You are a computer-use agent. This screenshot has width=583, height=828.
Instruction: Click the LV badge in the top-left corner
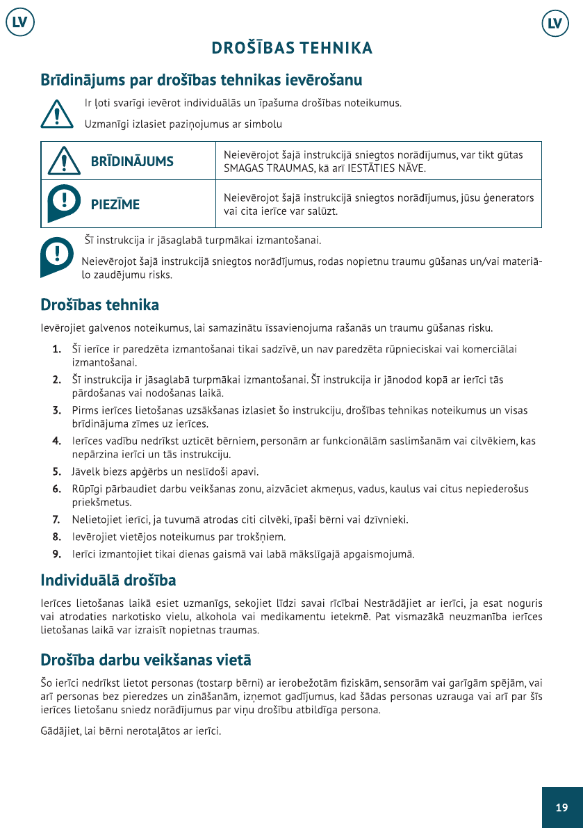tap(20, 23)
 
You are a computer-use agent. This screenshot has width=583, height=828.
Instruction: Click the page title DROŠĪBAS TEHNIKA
tap(292, 48)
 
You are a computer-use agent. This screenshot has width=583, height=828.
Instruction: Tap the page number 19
tap(561, 807)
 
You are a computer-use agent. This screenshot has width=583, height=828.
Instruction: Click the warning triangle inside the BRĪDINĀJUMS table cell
tap(63, 161)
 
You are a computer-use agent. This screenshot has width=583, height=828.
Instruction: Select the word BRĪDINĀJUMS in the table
tap(132, 162)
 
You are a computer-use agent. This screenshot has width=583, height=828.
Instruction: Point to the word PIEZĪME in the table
tap(115, 204)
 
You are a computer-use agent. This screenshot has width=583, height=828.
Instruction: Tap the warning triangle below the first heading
tap(56, 113)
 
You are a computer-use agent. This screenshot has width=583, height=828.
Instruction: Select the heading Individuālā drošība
tap(108, 580)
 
